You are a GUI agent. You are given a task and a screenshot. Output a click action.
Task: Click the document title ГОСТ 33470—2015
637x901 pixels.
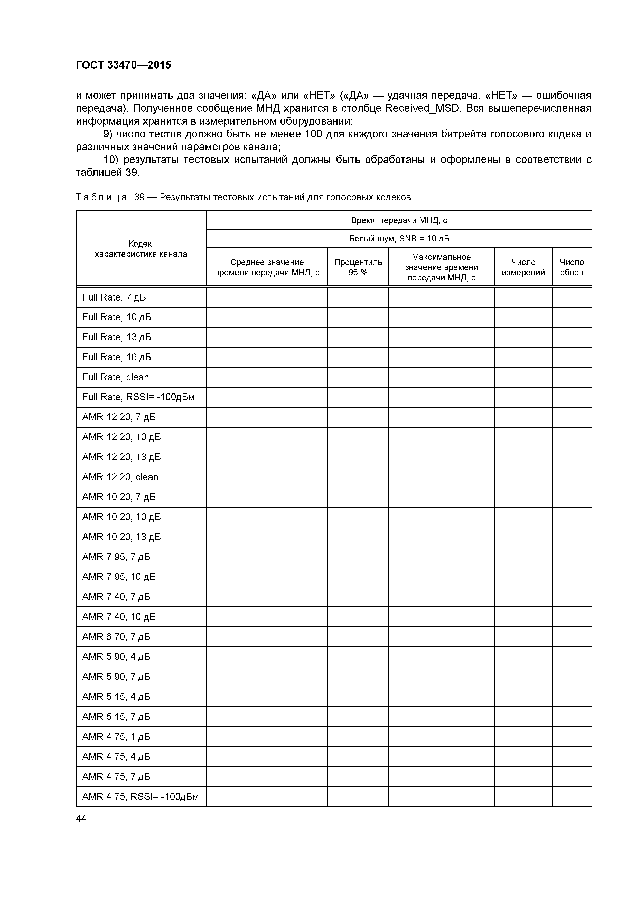(123, 65)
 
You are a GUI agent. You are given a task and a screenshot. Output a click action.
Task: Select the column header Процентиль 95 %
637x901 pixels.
(358, 267)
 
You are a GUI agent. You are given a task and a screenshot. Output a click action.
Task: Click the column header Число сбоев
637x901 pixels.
(572, 267)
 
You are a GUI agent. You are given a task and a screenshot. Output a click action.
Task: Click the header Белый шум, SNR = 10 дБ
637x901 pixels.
(399, 239)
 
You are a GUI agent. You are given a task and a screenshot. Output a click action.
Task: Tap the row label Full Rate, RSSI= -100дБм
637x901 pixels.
(138, 397)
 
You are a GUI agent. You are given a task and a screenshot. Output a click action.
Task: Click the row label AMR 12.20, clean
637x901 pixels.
(120, 477)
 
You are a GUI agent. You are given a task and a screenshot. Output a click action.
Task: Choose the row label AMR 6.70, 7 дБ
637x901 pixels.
(116, 637)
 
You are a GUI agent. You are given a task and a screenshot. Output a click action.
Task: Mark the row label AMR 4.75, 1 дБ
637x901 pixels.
(116, 737)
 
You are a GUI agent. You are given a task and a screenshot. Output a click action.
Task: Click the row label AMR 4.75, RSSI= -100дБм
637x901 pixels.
(140, 797)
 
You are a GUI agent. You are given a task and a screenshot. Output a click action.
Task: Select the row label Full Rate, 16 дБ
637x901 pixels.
(117, 357)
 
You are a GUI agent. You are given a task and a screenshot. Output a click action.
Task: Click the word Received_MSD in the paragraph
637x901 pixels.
(422, 108)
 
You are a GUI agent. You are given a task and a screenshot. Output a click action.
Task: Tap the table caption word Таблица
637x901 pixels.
(101, 198)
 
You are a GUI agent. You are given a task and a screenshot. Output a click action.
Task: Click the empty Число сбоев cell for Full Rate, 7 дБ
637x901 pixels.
(572, 297)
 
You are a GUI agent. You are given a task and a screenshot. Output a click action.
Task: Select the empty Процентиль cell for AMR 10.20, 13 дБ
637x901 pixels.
(358, 537)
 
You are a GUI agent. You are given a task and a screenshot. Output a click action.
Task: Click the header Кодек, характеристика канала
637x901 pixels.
(141, 249)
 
